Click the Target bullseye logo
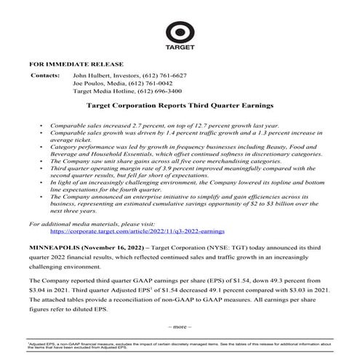180,33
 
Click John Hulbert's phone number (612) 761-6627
164,76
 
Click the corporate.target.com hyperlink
128,231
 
